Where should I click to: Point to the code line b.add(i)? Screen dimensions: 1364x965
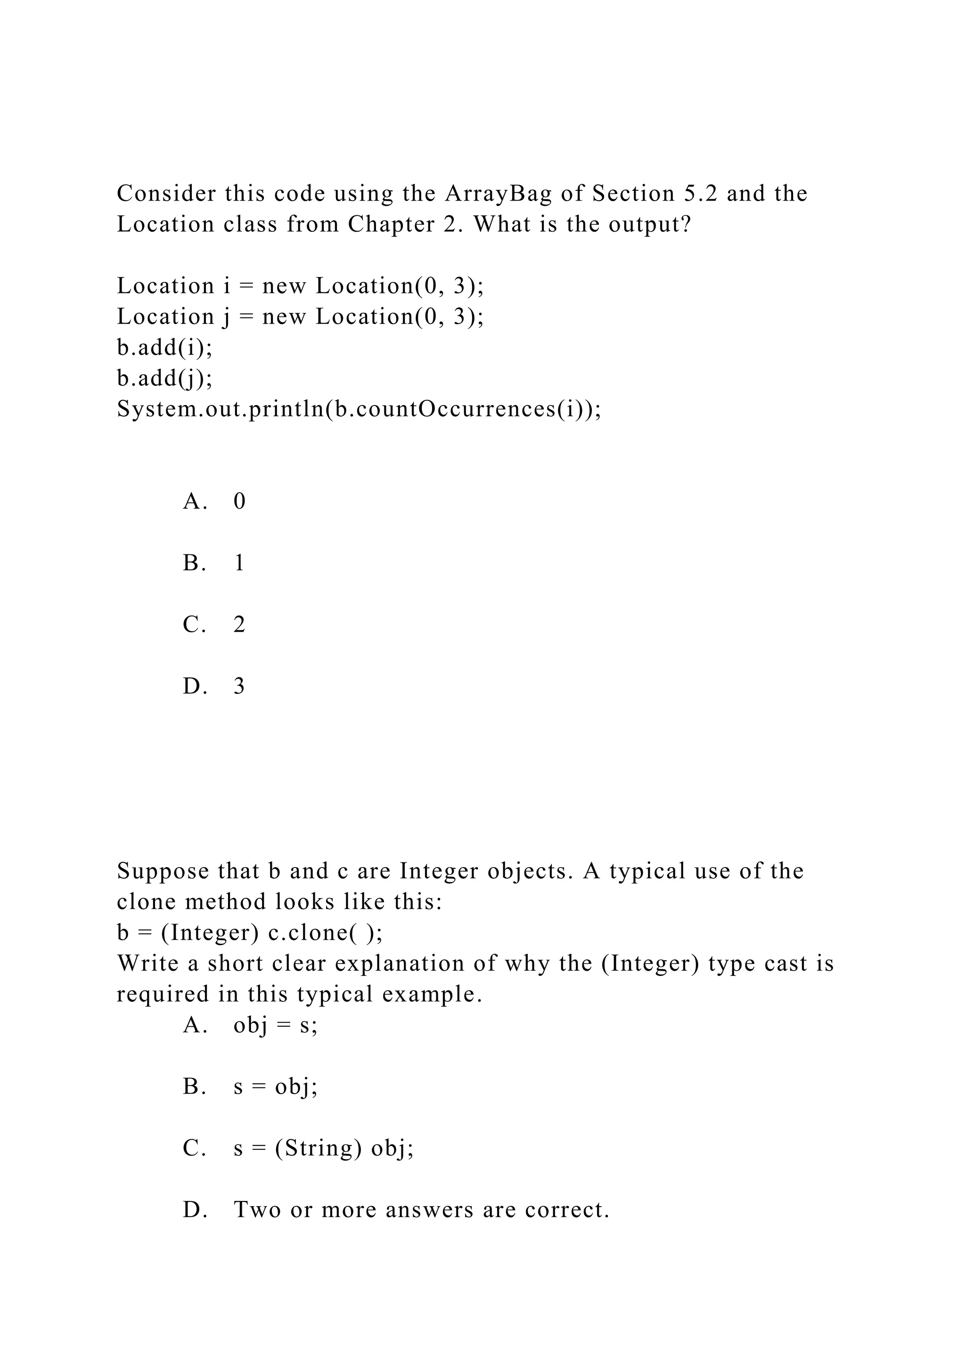point(164,348)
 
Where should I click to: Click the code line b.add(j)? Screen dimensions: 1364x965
point(164,378)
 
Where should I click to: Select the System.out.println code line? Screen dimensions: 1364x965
point(359,409)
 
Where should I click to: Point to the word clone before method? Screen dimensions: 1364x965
point(145,902)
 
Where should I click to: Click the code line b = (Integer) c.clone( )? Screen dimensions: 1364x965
point(250,934)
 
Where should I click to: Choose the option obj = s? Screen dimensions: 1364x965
point(276,1025)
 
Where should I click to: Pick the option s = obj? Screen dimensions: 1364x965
point(276,1087)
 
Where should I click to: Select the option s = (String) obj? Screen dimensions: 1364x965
point(323,1148)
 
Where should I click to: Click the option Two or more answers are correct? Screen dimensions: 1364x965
point(422,1210)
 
